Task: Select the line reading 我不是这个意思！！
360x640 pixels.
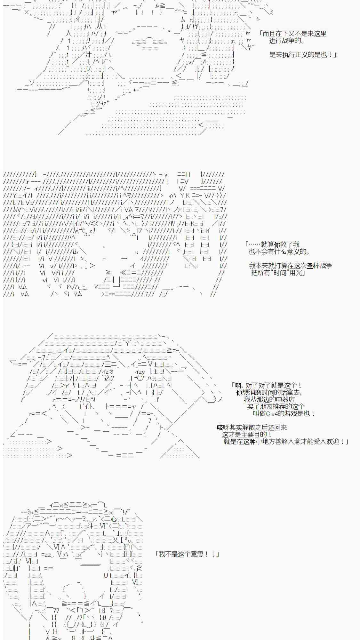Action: (187, 554)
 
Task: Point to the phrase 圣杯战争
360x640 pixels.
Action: (319, 266)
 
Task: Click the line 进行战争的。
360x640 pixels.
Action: (287, 41)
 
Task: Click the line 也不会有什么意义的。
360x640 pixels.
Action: (279, 252)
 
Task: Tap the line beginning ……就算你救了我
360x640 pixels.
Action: (273, 244)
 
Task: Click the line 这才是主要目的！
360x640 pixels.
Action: (247, 434)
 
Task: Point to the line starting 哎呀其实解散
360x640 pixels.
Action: (252, 427)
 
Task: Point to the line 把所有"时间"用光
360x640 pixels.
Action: (278, 273)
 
